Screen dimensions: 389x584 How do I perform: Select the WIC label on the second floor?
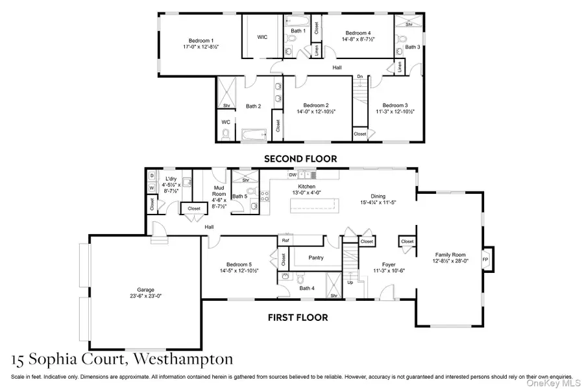(262, 37)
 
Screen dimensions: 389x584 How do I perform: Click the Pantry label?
(316, 257)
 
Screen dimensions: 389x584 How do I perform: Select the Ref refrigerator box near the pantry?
(284, 240)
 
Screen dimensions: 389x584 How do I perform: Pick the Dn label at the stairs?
(359, 76)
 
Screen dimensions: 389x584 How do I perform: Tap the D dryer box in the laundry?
(151, 176)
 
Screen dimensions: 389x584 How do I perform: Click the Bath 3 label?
(413, 47)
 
